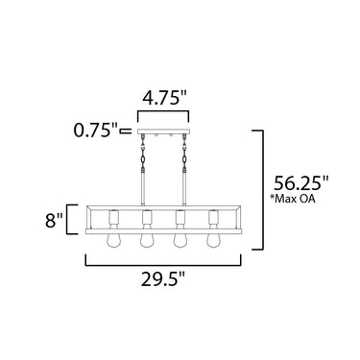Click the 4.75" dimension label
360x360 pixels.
(165, 98)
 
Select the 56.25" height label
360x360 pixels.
(301, 183)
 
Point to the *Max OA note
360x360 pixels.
(293, 199)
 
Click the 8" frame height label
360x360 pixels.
(54, 221)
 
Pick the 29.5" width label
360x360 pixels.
(163, 280)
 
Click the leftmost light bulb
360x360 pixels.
(112, 239)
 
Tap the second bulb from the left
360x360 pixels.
(146, 239)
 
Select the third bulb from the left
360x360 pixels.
(180, 239)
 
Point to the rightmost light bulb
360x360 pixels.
(212, 239)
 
